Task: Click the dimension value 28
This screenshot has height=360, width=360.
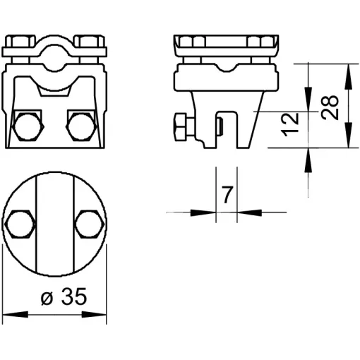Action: (x=330, y=108)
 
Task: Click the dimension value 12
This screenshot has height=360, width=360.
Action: (x=290, y=125)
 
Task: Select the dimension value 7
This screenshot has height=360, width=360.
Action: (x=227, y=195)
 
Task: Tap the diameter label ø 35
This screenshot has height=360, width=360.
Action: (x=64, y=296)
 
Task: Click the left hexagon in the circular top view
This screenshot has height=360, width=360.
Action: (x=20, y=224)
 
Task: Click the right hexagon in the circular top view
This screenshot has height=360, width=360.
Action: (x=90, y=224)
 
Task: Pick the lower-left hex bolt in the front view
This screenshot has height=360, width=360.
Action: (x=28, y=126)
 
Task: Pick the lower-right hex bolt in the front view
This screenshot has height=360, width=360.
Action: (x=81, y=126)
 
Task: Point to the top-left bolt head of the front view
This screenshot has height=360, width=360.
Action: (x=20, y=41)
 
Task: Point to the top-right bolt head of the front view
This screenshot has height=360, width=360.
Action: (x=89, y=41)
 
